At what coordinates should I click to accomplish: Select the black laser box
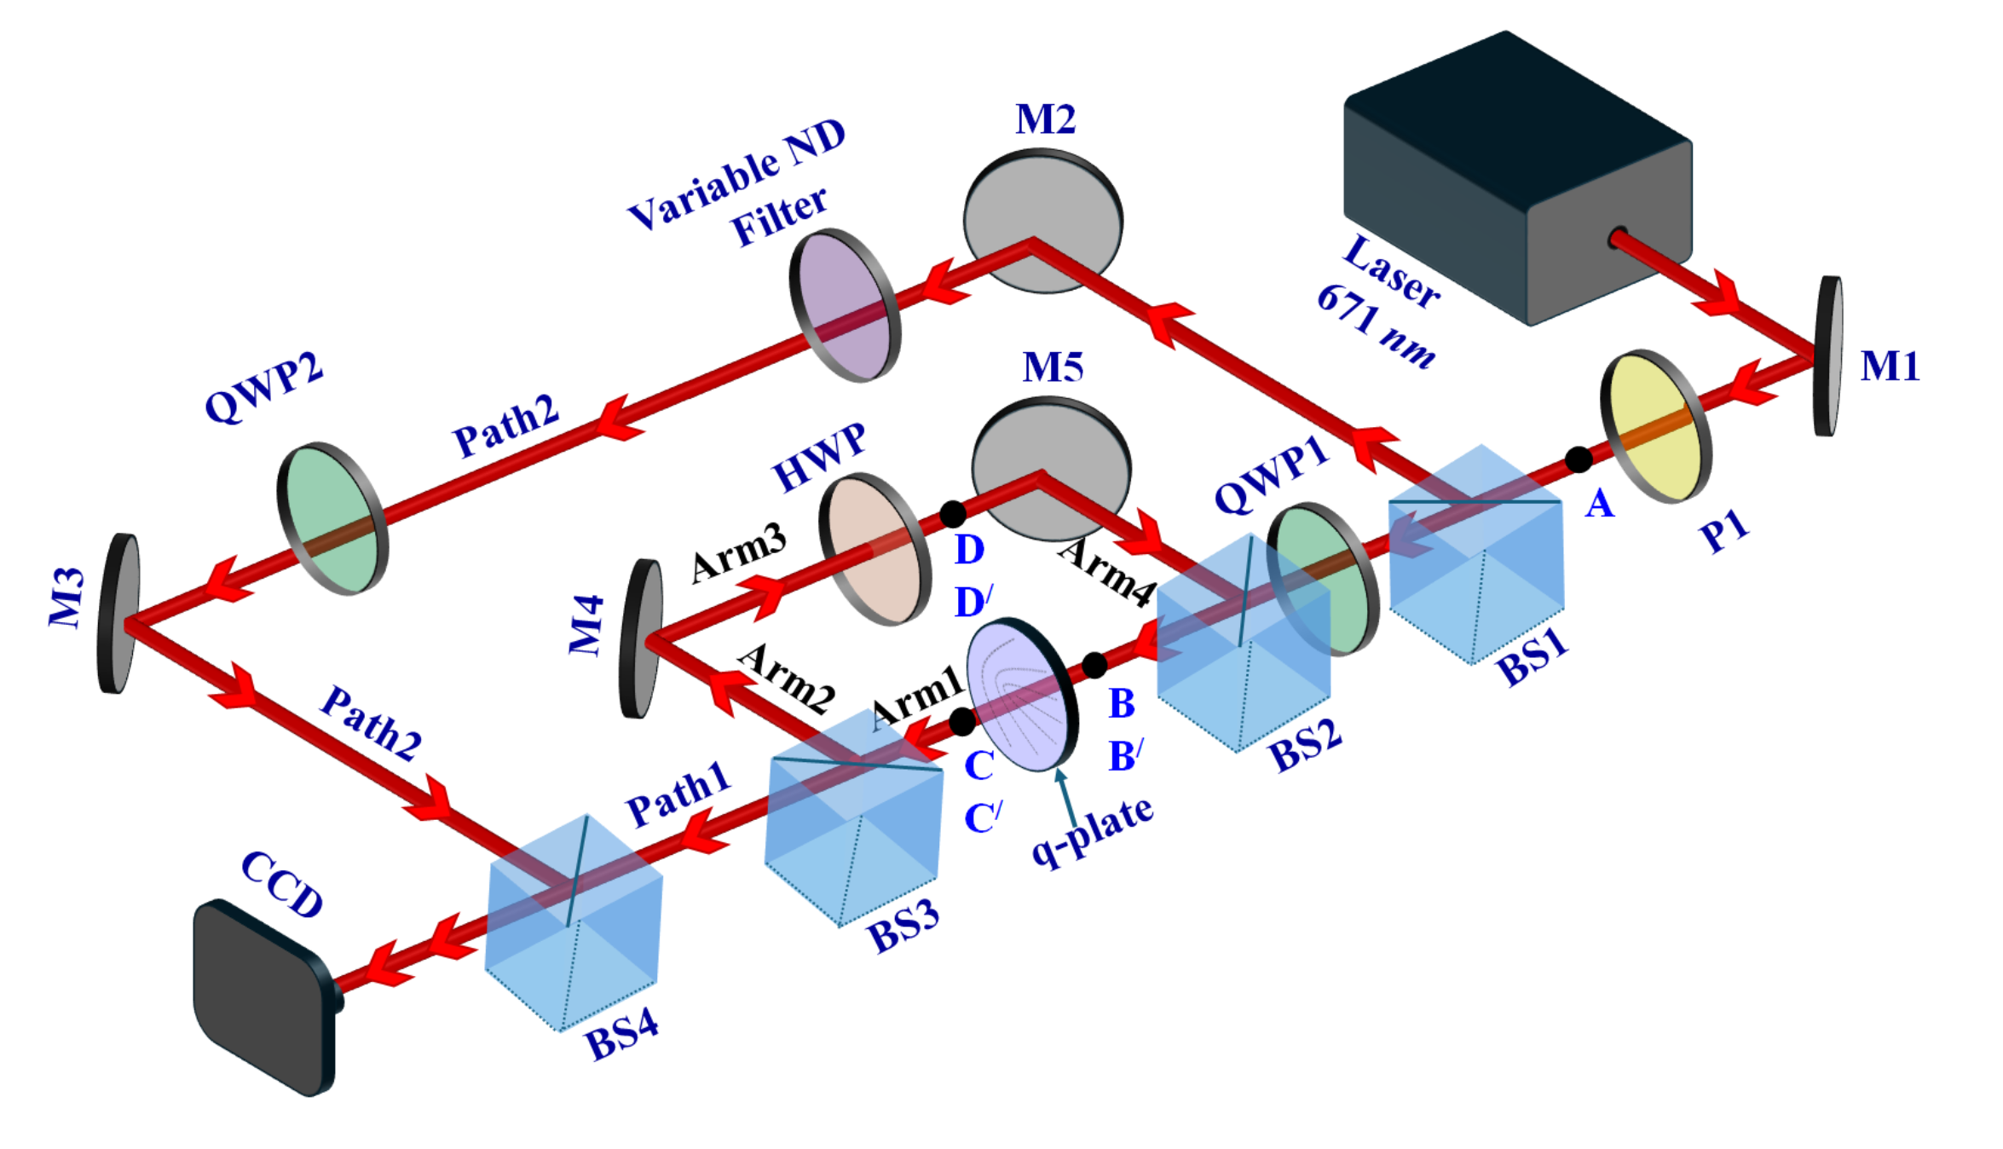1517,179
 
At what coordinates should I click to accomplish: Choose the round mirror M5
1051,468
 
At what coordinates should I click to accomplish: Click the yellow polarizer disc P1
1656,426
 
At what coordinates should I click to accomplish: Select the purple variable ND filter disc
845,304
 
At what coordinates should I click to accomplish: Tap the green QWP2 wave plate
332,518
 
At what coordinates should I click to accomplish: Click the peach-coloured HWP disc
875,549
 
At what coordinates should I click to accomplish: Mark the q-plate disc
1022,695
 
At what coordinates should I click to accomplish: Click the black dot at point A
1579,459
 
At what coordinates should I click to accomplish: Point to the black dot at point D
953,514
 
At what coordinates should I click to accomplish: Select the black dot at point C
962,722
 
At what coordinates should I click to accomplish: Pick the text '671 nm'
1376,326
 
